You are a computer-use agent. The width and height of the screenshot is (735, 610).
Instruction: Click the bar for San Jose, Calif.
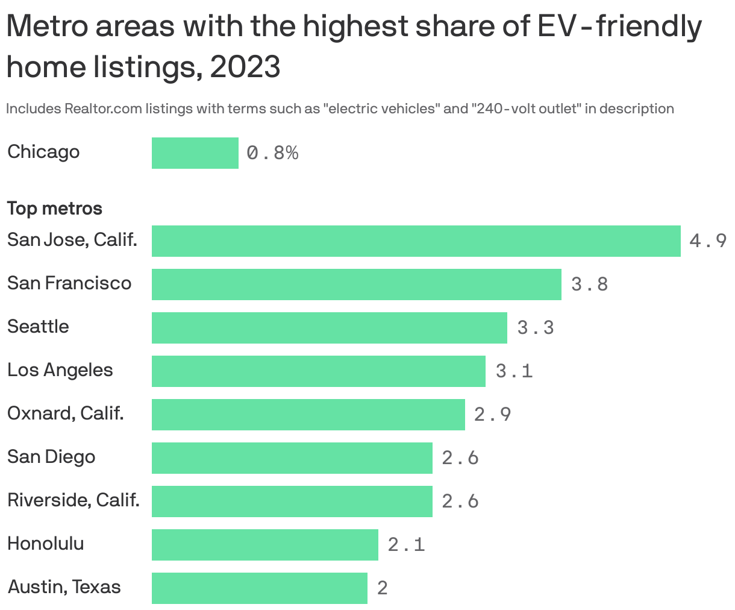(416, 241)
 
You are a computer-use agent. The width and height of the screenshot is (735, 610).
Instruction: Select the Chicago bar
(195, 153)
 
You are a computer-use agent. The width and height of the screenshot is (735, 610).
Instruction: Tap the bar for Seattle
(329, 328)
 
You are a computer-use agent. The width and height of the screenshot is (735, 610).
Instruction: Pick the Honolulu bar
(264, 545)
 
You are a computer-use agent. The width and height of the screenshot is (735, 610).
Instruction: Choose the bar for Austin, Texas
(259, 588)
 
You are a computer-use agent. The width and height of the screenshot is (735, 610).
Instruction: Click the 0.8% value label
(272, 153)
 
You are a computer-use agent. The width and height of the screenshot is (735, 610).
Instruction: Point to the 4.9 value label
(708, 241)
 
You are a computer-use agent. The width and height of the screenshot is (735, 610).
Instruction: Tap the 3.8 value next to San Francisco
(589, 285)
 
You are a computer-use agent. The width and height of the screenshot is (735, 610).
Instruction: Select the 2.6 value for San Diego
(460, 458)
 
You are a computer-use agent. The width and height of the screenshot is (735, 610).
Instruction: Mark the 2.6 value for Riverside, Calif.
(460, 502)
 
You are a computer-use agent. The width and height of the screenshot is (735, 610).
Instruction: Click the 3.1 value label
(514, 371)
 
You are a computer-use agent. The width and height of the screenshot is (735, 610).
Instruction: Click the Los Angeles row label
(60, 370)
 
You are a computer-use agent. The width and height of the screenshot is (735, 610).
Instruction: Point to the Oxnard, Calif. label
(65, 413)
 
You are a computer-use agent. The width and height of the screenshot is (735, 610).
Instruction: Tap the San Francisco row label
(69, 283)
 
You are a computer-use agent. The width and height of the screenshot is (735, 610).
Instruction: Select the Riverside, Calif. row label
(73, 500)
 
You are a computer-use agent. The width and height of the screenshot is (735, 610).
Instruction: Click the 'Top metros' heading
(54, 209)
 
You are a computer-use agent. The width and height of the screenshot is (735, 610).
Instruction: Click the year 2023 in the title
(245, 67)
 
